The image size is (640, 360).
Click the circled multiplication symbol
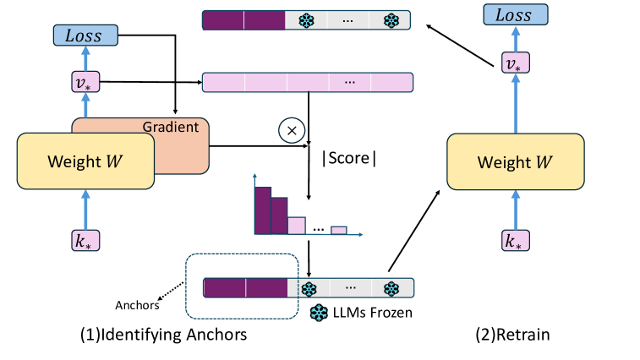(291, 131)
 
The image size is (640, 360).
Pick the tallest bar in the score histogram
(262, 210)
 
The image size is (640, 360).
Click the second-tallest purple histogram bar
(278, 215)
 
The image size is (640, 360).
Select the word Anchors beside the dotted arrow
(134, 306)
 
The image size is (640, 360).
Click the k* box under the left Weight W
(85, 240)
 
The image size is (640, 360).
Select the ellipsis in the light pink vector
(350, 82)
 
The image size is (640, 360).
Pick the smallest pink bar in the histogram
(338, 229)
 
